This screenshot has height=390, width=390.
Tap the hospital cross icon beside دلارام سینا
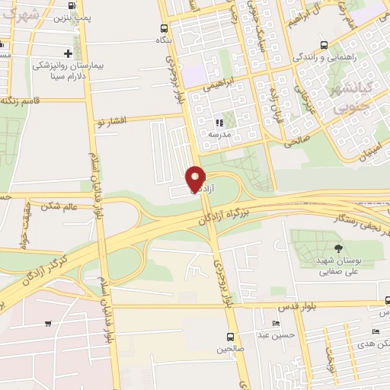tap(68, 53)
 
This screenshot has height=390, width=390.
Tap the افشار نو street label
tap(115, 121)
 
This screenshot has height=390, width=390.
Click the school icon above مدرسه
tap(219, 122)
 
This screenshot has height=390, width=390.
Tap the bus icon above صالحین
tap(230, 336)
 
